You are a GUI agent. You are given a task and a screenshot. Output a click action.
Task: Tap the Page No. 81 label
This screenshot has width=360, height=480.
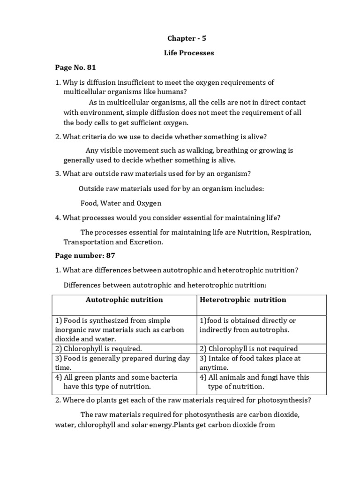click(x=75, y=67)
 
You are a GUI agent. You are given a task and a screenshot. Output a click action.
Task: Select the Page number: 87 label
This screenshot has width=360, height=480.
click(x=85, y=255)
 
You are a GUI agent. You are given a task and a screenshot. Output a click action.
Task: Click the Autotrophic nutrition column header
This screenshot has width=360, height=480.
click(x=124, y=300)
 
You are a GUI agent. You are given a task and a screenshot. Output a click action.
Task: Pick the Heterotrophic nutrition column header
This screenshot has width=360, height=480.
click(x=243, y=300)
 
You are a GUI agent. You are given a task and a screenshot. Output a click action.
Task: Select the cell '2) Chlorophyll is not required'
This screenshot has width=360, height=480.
click(x=248, y=348)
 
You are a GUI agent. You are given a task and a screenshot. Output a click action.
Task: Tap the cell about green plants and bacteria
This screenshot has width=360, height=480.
click(x=116, y=382)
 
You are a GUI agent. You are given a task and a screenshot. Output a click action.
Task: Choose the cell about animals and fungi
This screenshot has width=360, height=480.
click(x=254, y=382)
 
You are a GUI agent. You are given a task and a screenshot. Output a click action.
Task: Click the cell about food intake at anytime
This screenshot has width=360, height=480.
click(x=250, y=363)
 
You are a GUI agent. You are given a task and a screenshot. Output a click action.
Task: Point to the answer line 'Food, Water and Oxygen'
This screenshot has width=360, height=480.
click(x=121, y=203)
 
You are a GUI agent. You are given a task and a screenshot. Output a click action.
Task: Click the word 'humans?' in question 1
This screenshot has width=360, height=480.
click(x=173, y=91)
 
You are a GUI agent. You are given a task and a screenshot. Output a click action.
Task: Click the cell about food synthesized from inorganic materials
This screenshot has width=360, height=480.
click(x=120, y=330)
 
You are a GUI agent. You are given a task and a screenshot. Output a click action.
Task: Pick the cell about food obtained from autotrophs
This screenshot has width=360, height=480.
click(x=247, y=325)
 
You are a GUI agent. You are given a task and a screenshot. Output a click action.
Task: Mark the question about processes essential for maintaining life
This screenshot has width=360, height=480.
click(x=170, y=217)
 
